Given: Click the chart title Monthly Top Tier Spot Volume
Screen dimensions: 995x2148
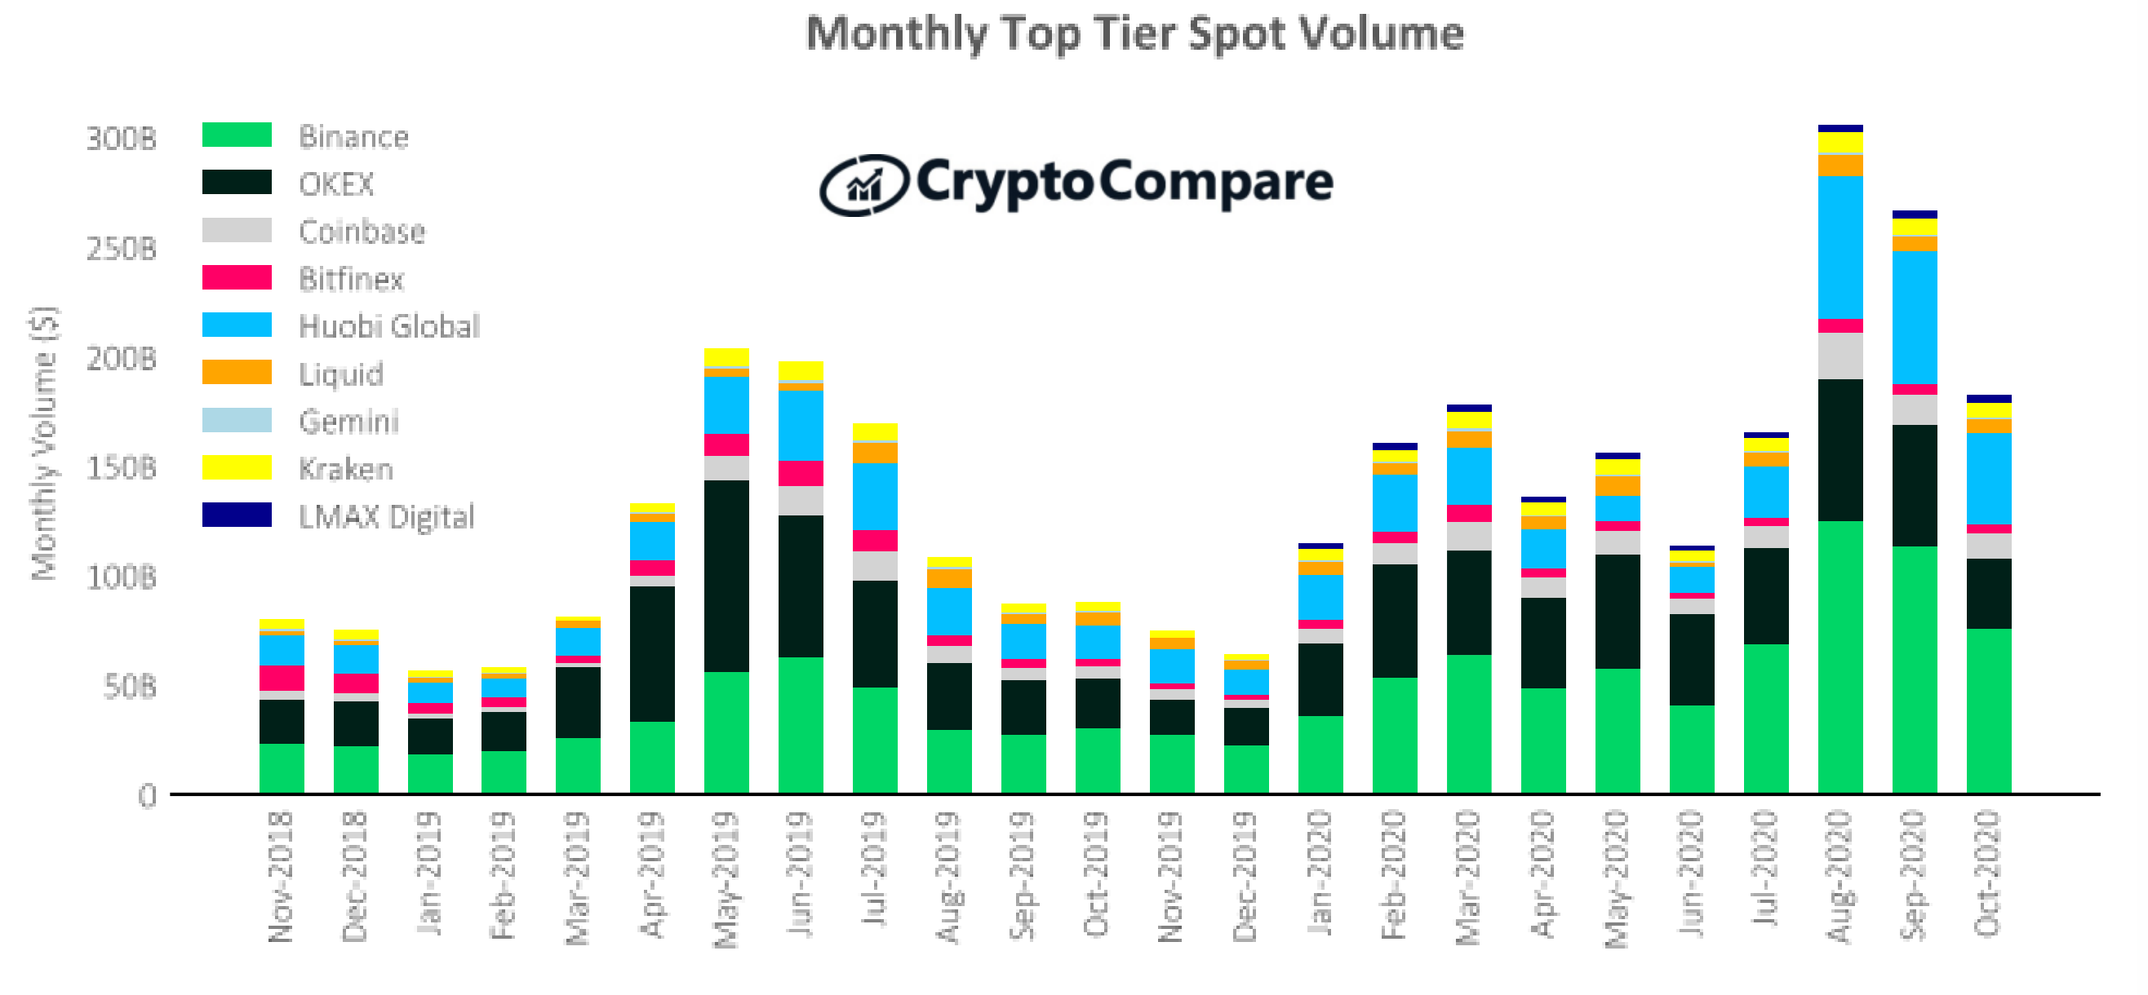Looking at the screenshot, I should (1134, 35).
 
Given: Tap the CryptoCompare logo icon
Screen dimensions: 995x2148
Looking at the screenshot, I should (863, 185).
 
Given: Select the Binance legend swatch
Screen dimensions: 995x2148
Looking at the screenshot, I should (237, 135).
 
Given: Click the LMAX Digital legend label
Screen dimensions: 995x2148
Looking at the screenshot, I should (386, 517).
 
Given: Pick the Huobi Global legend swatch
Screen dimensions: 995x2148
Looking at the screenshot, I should (237, 325).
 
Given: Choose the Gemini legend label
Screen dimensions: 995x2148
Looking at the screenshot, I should (348, 422).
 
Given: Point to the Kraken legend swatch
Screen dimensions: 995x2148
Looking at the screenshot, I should (237, 467).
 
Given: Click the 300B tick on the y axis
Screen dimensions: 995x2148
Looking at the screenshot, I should (121, 139).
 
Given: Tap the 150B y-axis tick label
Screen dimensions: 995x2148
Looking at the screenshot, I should (121, 468).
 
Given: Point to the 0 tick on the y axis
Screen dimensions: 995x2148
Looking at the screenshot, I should (147, 796).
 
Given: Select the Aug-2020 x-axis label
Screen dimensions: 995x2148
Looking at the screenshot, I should (1839, 875).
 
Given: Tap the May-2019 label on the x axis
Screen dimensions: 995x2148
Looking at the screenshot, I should (726, 879).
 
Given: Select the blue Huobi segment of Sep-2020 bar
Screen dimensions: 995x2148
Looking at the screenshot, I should (1914, 316).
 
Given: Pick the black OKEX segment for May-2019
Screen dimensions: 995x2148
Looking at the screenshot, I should (726, 576).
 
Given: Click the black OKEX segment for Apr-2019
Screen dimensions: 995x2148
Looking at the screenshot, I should (651, 653).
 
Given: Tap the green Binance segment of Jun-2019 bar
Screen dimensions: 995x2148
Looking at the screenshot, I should (800, 725).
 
